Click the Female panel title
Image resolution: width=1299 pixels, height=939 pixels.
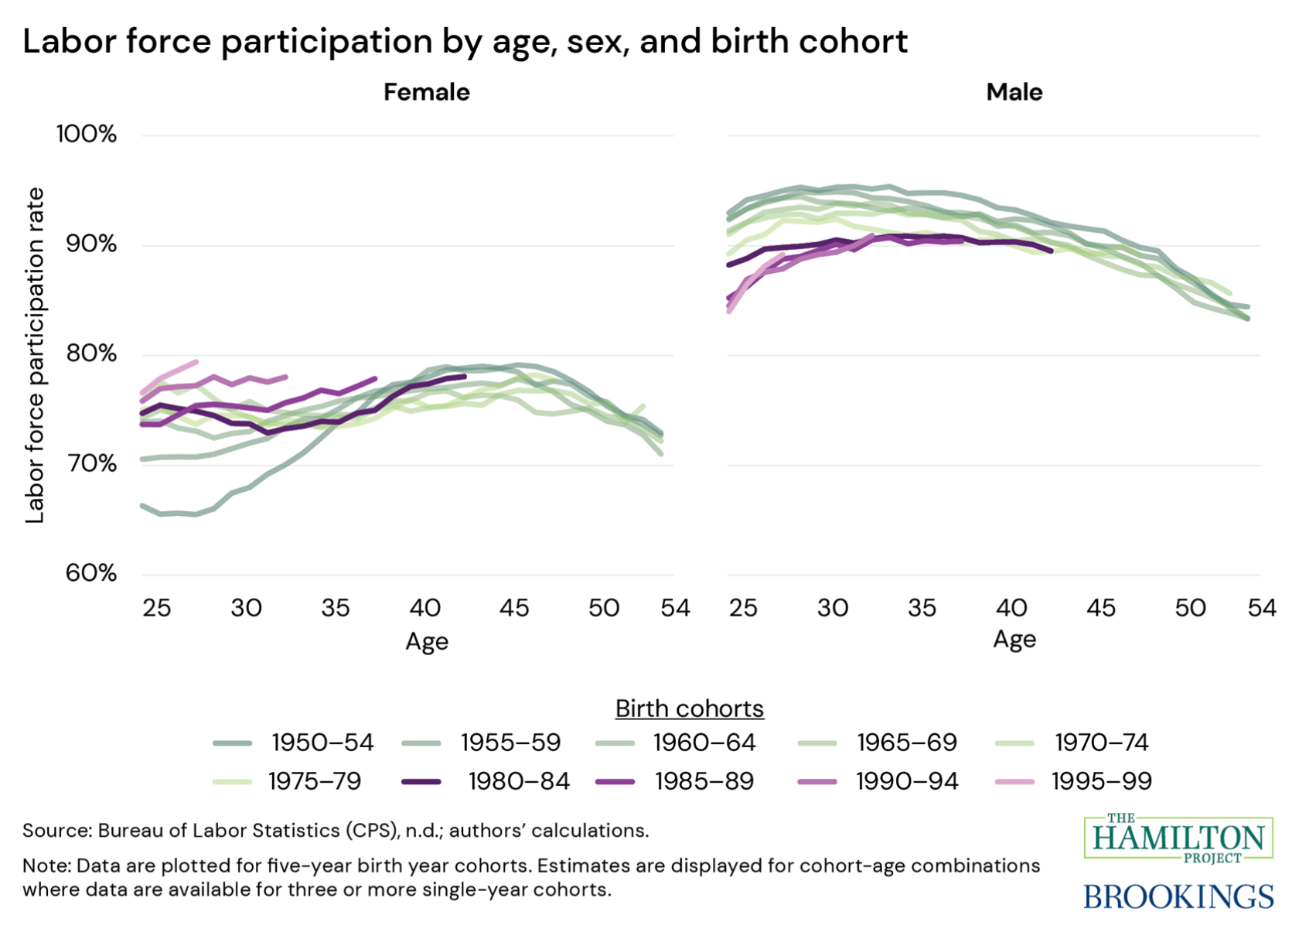click(x=426, y=92)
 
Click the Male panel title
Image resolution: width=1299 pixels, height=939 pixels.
click(x=1014, y=92)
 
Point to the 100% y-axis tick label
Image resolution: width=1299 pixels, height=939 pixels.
click(x=86, y=134)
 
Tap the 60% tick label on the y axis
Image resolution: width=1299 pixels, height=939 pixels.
click(x=90, y=573)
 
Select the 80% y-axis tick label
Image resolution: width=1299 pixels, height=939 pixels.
click(x=90, y=353)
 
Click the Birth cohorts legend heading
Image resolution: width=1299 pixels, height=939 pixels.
click(x=689, y=709)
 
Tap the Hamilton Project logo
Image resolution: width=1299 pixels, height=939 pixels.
click(x=1178, y=838)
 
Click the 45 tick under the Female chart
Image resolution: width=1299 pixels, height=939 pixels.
click(x=514, y=608)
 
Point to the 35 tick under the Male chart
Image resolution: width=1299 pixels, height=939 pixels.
click(x=922, y=608)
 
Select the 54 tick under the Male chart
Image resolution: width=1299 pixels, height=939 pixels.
click(x=1261, y=608)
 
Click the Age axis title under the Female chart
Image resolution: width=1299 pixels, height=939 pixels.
click(x=426, y=641)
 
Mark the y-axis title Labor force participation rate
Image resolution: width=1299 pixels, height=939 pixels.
click(x=35, y=355)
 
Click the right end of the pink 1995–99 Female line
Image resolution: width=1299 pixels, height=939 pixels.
click(x=196, y=361)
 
